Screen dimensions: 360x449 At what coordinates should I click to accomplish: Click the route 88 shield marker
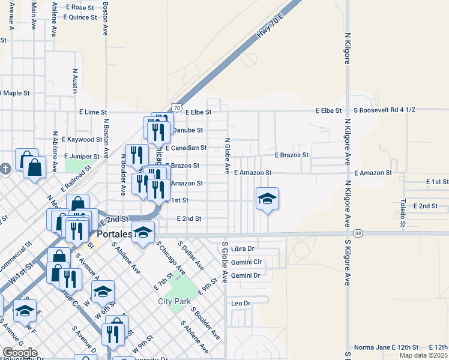coord(358,233)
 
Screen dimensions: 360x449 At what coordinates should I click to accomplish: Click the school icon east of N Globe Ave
coord(267,198)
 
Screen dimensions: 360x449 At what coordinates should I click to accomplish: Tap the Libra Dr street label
coord(243,248)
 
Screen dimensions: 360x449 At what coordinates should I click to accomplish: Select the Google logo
coord(19,352)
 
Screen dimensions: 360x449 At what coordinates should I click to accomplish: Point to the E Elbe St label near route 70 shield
coord(198,112)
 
